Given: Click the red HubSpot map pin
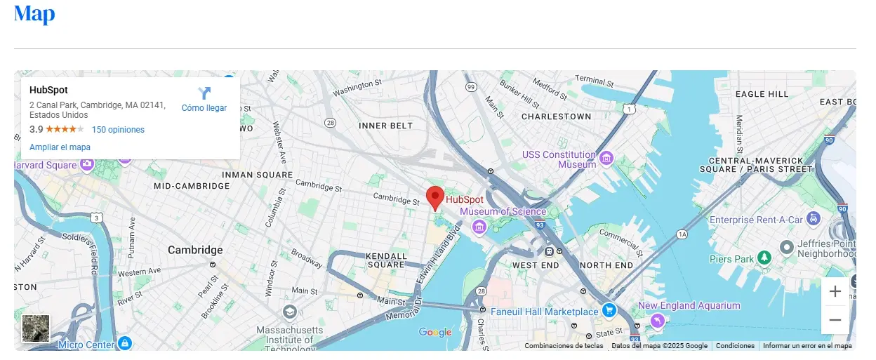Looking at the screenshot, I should point(436,198).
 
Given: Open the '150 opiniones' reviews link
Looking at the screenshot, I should point(118,130).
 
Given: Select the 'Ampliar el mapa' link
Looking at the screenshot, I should point(60,147).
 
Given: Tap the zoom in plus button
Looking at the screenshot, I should point(835,291).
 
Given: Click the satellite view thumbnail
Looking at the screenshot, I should point(36,328).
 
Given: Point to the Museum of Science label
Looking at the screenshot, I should point(503,211).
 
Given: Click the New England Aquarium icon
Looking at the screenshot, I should point(657,320).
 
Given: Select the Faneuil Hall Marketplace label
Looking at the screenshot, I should point(544,312).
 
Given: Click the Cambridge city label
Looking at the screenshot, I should point(195,250).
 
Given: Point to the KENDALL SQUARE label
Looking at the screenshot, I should point(387,260).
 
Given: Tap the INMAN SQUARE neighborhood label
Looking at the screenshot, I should point(257,175).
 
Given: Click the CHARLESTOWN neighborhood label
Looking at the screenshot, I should point(557,116).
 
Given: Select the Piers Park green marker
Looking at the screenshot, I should point(764,258).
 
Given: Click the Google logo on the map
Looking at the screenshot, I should point(435,333).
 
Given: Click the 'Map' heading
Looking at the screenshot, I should point(34,13).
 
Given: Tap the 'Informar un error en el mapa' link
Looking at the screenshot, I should point(807,346).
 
